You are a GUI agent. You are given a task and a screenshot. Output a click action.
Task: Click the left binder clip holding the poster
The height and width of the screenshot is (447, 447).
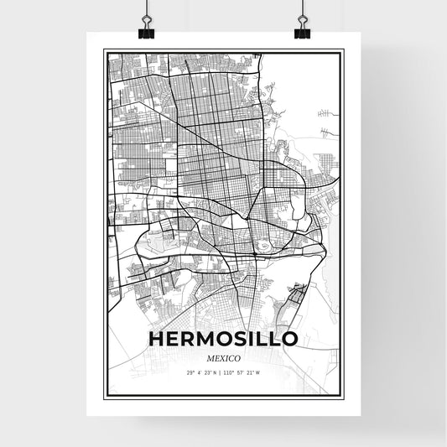tap(145, 28)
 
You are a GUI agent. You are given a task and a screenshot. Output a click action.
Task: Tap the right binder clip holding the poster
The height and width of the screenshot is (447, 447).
tap(302, 28)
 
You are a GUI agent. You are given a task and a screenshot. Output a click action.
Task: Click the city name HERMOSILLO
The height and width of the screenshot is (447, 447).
tap(223, 339)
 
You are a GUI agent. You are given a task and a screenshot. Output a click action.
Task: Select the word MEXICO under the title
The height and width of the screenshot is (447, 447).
tap(223, 358)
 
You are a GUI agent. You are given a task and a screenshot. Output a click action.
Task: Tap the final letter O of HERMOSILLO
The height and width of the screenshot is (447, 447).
tap(289, 339)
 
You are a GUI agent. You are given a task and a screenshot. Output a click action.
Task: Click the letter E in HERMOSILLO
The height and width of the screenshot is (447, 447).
tap(174, 339)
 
